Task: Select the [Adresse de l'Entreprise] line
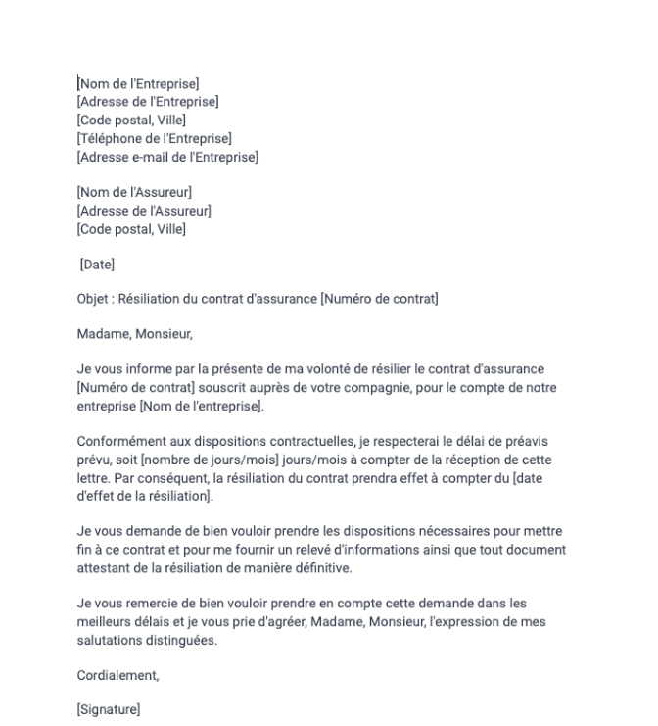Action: point(147,102)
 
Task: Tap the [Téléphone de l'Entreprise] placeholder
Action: point(154,138)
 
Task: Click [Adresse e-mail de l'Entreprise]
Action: point(167,157)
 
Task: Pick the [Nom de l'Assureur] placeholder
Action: point(134,193)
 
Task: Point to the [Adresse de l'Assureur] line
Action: point(144,211)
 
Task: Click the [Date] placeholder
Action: point(97,265)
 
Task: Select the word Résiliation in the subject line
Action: point(149,299)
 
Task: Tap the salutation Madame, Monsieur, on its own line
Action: point(134,334)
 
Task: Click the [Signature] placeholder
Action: point(108,711)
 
